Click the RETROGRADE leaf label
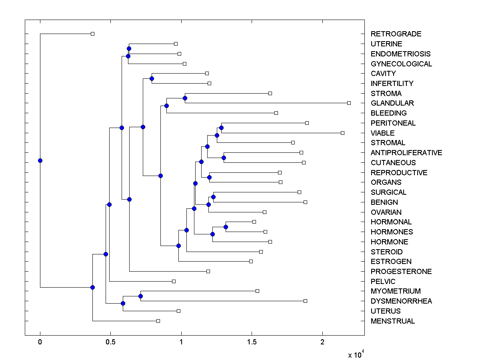396,34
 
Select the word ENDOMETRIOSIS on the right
401,54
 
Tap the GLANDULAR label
392,103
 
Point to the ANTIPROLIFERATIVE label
406,153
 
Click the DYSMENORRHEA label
401,301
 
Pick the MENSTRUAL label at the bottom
393,321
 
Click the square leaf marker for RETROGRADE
92,34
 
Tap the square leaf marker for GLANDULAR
349,103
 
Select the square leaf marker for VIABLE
342,133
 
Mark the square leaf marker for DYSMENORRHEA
305,301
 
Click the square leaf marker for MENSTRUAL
158,321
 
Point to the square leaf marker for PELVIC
174,281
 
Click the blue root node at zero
40,160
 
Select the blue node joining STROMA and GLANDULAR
185,98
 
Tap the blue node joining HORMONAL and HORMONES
226,227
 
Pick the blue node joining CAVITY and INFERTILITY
152,78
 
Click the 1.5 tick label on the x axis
252,342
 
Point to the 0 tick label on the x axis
40,342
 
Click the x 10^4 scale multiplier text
356,354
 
